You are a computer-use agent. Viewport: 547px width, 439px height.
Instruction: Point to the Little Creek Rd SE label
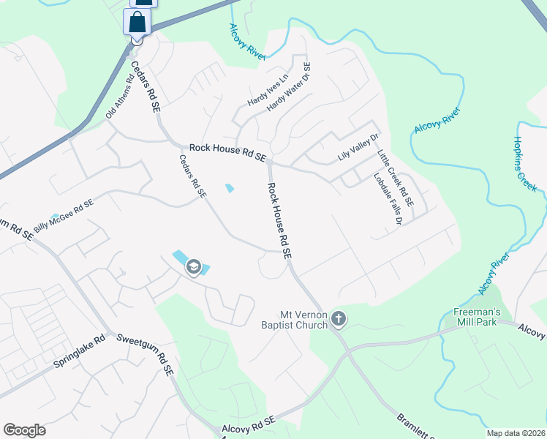tap(396, 177)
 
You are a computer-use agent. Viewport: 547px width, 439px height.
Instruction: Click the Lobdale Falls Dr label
tap(388, 198)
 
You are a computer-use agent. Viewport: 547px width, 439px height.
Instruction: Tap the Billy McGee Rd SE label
tap(64, 217)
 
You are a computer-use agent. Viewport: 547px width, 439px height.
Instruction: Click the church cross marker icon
tap(338, 318)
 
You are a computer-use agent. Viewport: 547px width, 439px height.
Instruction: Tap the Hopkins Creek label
tap(525, 164)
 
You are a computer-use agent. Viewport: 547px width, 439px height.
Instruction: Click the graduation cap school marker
tap(194, 266)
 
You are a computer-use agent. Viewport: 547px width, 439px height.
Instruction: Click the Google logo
tap(24, 430)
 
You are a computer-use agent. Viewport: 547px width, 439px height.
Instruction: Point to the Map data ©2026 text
tap(515, 433)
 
